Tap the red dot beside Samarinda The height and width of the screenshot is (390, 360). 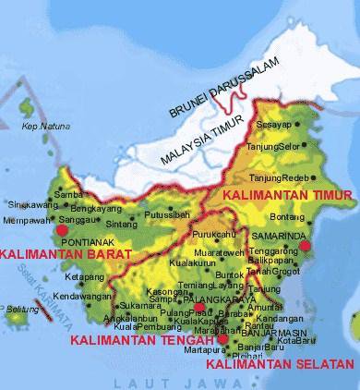click(x=306, y=246)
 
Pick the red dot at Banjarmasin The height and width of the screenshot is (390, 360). click(x=223, y=339)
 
